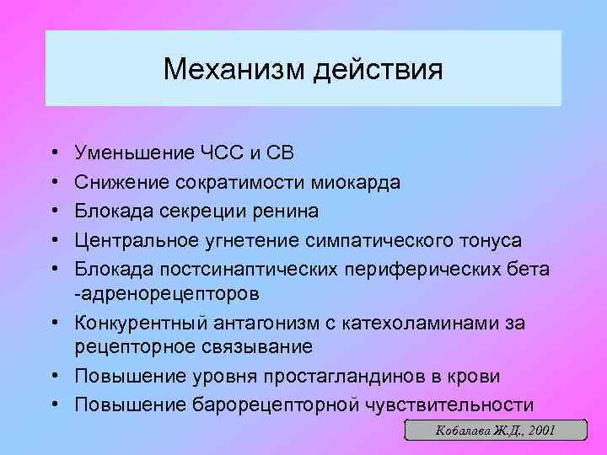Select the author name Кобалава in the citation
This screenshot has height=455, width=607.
pos(460,431)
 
